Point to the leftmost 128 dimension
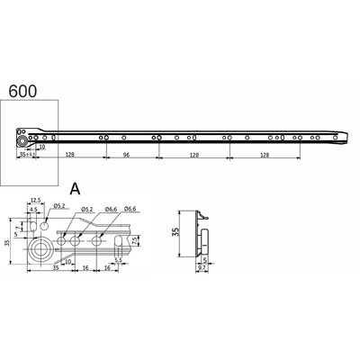[69, 154]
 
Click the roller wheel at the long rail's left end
[20, 140]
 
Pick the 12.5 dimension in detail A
[35, 200]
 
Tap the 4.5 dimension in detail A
[32, 209]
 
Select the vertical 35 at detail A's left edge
[6, 242]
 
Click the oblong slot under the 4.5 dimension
[34, 221]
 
